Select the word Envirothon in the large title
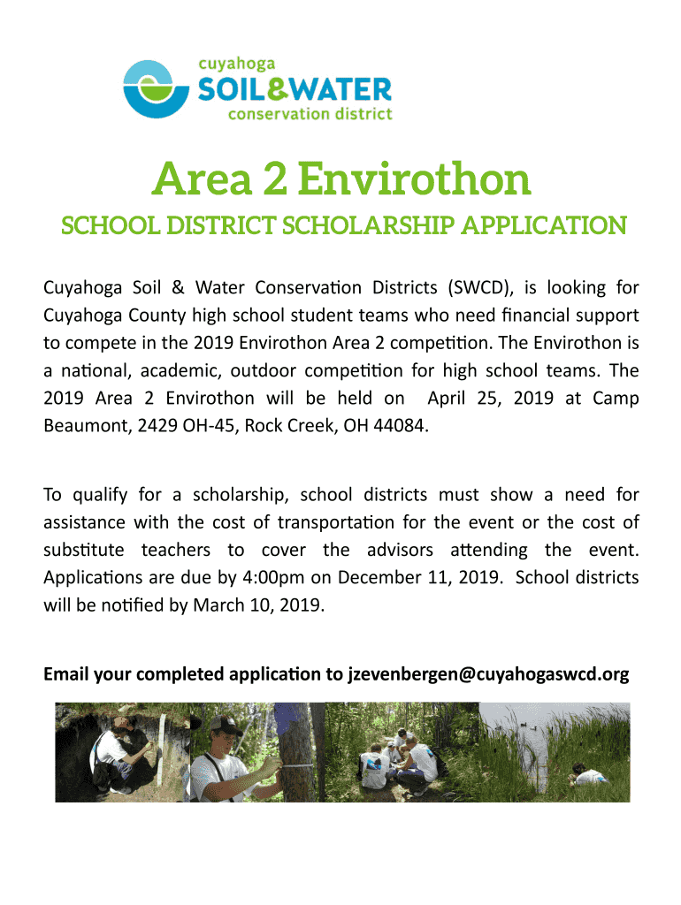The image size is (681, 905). tap(415, 179)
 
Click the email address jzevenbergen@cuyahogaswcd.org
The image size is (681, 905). tap(488, 675)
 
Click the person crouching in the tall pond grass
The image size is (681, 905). tap(588, 777)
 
